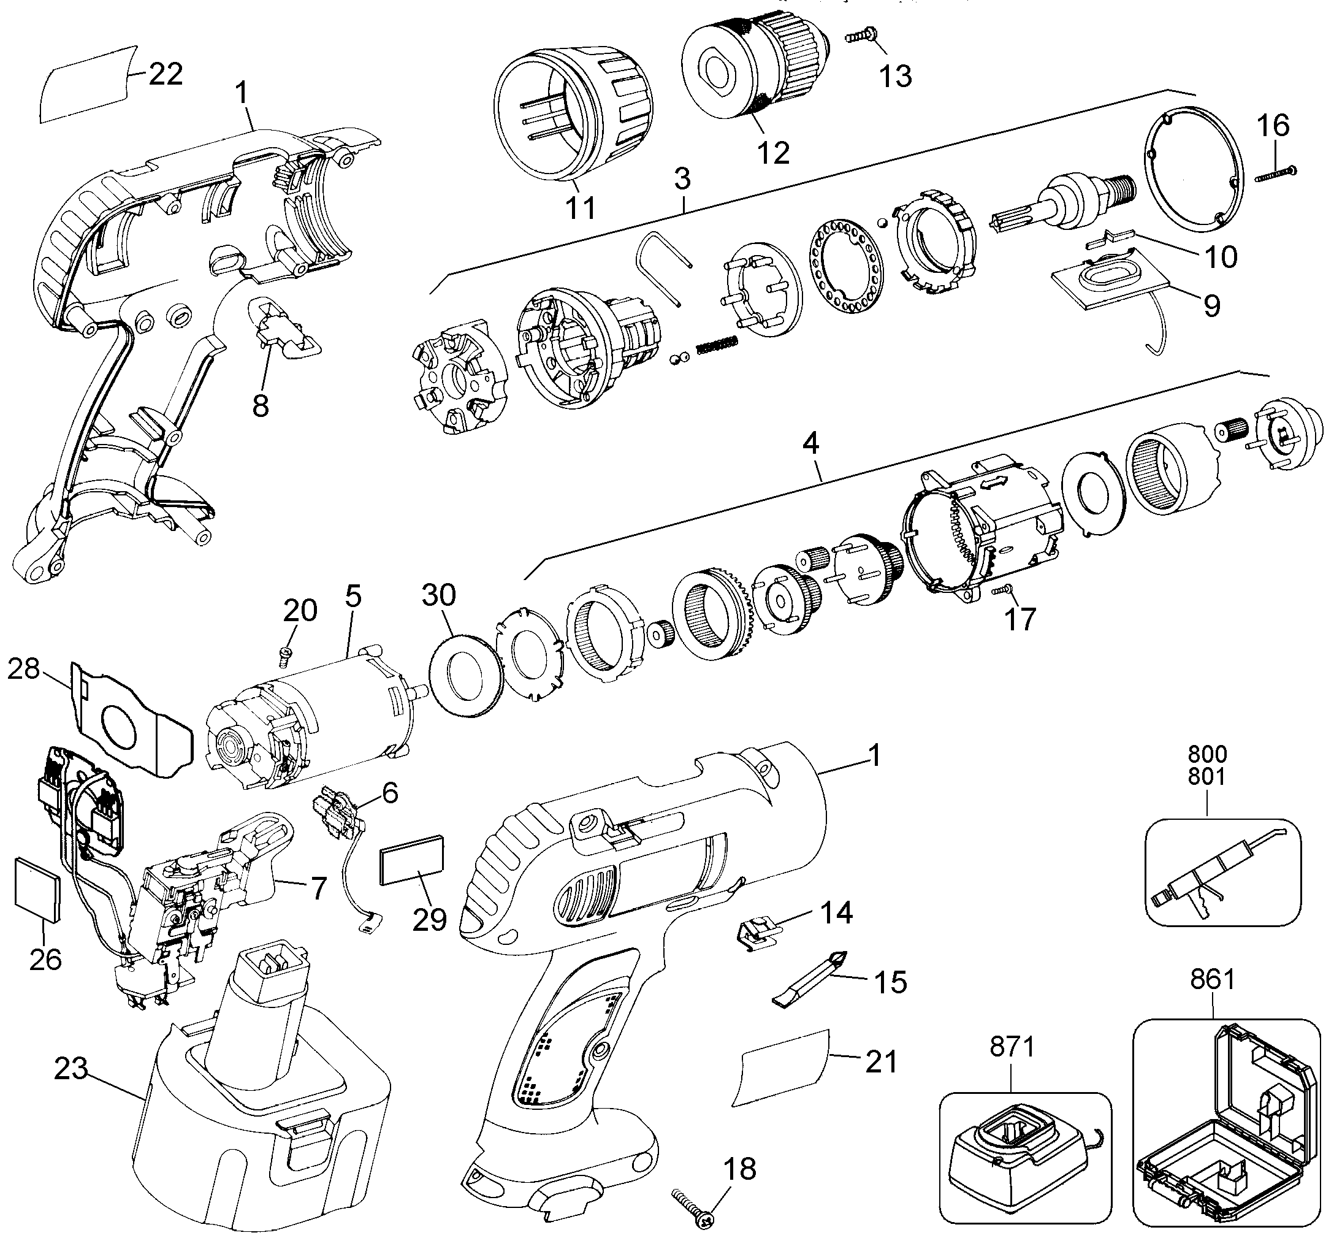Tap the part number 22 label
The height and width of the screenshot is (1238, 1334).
tap(166, 74)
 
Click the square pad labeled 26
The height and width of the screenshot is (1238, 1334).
tap(37, 888)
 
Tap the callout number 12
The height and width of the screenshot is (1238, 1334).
tap(774, 153)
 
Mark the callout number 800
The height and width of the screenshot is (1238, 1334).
tap(1208, 754)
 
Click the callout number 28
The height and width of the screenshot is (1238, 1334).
tap(24, 668)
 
